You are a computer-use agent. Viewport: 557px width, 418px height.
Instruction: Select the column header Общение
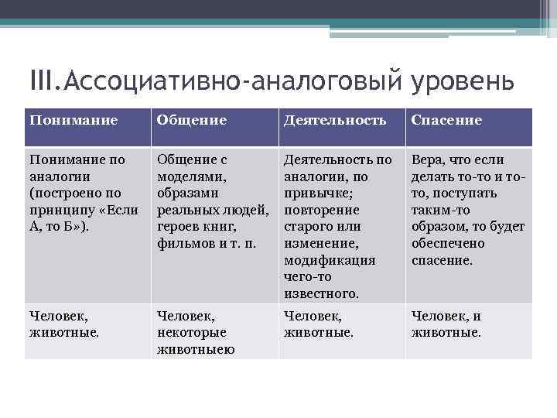point(191,120)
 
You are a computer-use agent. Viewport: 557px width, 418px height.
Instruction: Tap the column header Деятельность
point(334,120)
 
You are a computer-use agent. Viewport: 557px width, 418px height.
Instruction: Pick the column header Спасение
point(446,120)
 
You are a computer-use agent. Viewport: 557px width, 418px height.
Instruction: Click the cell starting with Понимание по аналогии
point(84,194)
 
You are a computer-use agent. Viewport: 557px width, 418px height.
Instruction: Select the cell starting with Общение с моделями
point(213,201)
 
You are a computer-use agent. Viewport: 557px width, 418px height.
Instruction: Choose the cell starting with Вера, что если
point(468,210)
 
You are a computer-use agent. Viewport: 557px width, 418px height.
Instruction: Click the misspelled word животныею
point(196,349)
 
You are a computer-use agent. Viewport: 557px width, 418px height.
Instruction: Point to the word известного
point(322,293)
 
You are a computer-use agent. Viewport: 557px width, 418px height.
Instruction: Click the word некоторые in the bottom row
point(192,332)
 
